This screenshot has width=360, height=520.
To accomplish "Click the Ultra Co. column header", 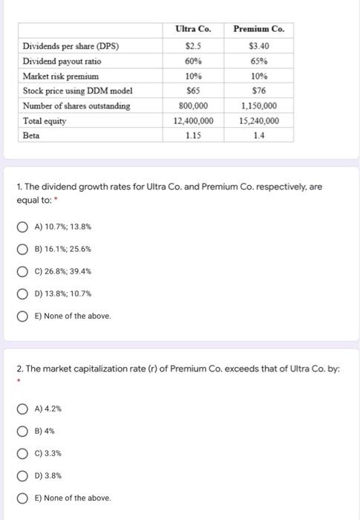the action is click(193, 29).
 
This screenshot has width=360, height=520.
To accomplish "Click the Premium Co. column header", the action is click(258, 29).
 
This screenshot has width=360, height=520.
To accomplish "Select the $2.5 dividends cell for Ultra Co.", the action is click(193, 46).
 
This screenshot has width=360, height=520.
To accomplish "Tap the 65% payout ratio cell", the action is click(258, 61).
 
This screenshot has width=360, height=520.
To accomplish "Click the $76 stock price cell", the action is click(258, 91).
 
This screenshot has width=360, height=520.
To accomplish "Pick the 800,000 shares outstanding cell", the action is click(193, 105).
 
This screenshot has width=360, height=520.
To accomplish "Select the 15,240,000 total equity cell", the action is click(258, 120).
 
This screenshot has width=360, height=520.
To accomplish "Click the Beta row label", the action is click(31, 135).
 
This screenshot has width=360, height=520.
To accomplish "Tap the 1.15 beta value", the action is click(193, 135).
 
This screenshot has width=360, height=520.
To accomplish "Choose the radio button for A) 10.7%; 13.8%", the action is click(24, 227).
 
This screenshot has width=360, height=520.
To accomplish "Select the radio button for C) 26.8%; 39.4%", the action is click(24, 271).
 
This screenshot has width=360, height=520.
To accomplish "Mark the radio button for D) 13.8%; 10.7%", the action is click(24, 293).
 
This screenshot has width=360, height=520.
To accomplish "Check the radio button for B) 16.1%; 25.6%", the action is click(24, 249).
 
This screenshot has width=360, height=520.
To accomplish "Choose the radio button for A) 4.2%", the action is click(24, 409).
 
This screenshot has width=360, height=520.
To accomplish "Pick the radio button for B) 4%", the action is click(24, 431).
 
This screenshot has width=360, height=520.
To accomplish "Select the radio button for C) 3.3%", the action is click(24, 453).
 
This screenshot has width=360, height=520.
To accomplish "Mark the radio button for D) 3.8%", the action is click(24, 475).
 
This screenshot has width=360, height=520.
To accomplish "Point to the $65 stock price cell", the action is click(193, 91).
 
